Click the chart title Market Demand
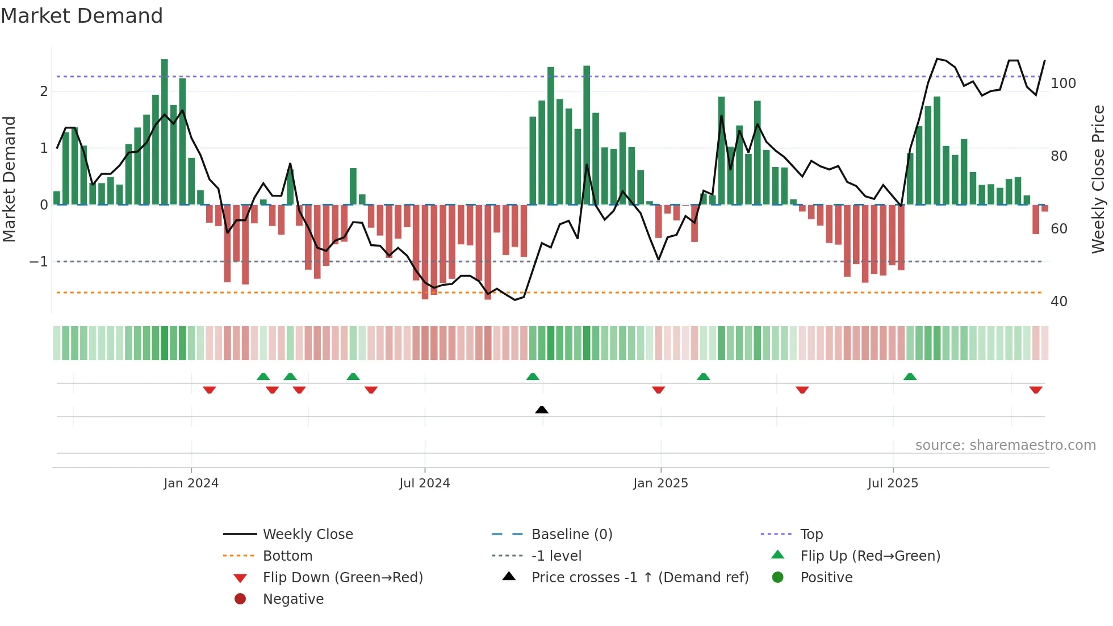(82, 16)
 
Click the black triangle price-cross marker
(542, 410)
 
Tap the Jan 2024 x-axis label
(191, 483)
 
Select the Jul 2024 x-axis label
(424, 483)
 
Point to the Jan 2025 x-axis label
(660, 483)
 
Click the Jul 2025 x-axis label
(893, 483)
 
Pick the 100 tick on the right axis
(1063, 84)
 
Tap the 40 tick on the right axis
(1058, 302)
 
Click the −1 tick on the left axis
(39, 262)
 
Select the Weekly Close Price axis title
(1098, 179)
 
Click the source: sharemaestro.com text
(1005, 445)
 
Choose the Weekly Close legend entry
(307, 535)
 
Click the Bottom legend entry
(287, 556)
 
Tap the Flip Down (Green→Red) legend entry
(342, 578)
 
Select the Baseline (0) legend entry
(571, 535)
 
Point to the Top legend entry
(811, 535)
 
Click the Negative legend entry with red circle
(293, 599)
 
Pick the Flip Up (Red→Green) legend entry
(870, 556)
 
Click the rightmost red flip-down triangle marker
(1036, 390)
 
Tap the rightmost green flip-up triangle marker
(910, 377)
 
